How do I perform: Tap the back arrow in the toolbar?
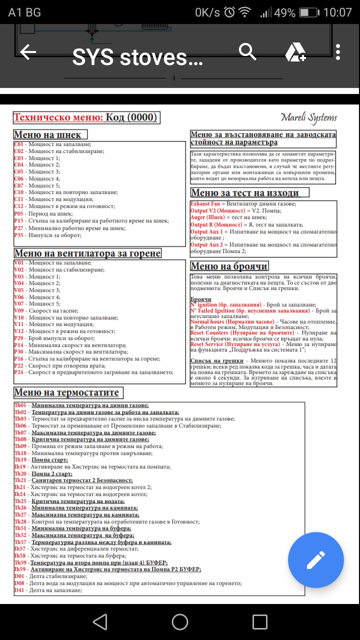[28, 52]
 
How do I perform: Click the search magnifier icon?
[247, 51]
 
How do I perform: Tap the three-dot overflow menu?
[338, 52]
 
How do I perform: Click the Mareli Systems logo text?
[308, 117]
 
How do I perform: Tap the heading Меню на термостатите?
[66, 392]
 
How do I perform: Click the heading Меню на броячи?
[229, 266]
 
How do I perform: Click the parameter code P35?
[18, 235]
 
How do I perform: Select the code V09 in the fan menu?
[18, 310]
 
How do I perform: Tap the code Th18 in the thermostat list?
[20, 453]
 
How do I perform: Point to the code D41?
[19, 590]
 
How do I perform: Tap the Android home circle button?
[180, 621]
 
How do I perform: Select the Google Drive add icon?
[295, 52]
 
